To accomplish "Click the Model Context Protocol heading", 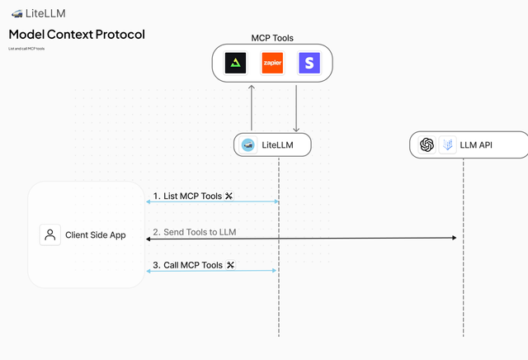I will click(x=77, y=35).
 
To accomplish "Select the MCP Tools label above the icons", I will click(x=272, y=38).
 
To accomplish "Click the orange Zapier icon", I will click(x=272, y=63).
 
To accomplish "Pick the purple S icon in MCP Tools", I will click(x=309, y=63).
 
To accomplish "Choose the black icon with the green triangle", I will click(x=236, y=63).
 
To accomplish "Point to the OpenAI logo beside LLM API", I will click(x=427, y=145).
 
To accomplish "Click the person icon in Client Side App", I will click(x=49, y=234).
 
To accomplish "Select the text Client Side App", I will click(x=96, y=235).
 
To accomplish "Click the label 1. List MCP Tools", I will click(x=187, y=196).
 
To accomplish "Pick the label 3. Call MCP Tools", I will click(x=188, y=265).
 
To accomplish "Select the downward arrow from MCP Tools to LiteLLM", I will click(x=296, y=107).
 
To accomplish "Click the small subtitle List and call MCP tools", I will click(x=26, y=49).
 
